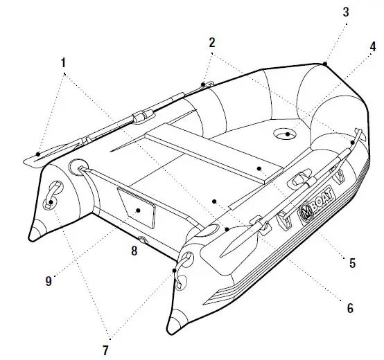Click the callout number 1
[63, 63]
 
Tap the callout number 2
[211, 42]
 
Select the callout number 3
[345, 13]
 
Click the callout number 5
[352, 262]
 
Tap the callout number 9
[49, 281]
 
